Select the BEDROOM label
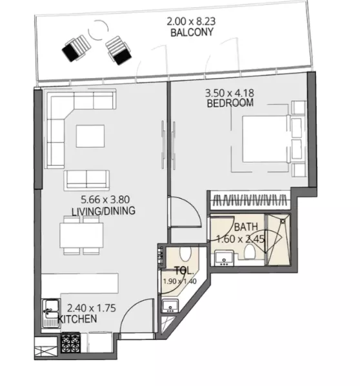[230, 103]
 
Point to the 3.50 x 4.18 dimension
[230, 92]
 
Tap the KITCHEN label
[77, 319]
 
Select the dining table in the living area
[81, 235]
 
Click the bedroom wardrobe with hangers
[248, 200]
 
